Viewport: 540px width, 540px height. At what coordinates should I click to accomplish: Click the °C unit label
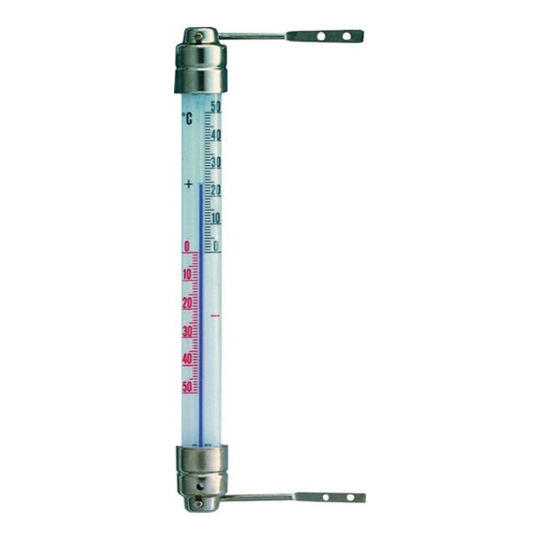coord(187,119)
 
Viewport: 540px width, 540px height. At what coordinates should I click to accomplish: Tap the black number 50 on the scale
coord(215,106)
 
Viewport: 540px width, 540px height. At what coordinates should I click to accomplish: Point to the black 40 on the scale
coord(215,135)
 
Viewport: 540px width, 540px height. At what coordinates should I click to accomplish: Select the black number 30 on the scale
coord(215,162)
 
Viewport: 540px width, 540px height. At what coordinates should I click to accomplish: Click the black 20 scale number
coord(215,190)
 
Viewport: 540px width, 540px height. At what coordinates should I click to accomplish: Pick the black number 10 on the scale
coord(215,219)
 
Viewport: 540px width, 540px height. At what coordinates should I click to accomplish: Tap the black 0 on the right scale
coord(216,246)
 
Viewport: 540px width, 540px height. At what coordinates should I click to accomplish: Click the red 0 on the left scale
coord(186,246)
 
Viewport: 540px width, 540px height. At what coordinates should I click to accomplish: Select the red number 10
coord(187,275)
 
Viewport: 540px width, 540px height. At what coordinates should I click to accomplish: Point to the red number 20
coord(187,302)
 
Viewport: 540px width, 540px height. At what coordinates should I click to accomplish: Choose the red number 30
coord(187,331)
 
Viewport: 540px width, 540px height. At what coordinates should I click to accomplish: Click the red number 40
coord(187,358)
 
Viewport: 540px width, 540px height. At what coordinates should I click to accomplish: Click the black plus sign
coord(188,183)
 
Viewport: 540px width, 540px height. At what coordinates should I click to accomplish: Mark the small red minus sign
coord(215,316)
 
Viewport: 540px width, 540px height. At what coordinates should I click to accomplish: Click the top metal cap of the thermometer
coord(200,63)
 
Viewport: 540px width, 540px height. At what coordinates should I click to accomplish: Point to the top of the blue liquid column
coord(201,187)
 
